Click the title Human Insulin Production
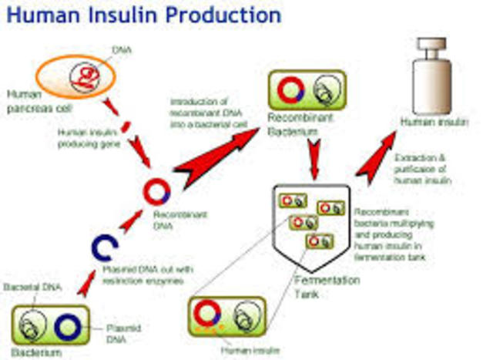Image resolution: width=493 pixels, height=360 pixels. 143,15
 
